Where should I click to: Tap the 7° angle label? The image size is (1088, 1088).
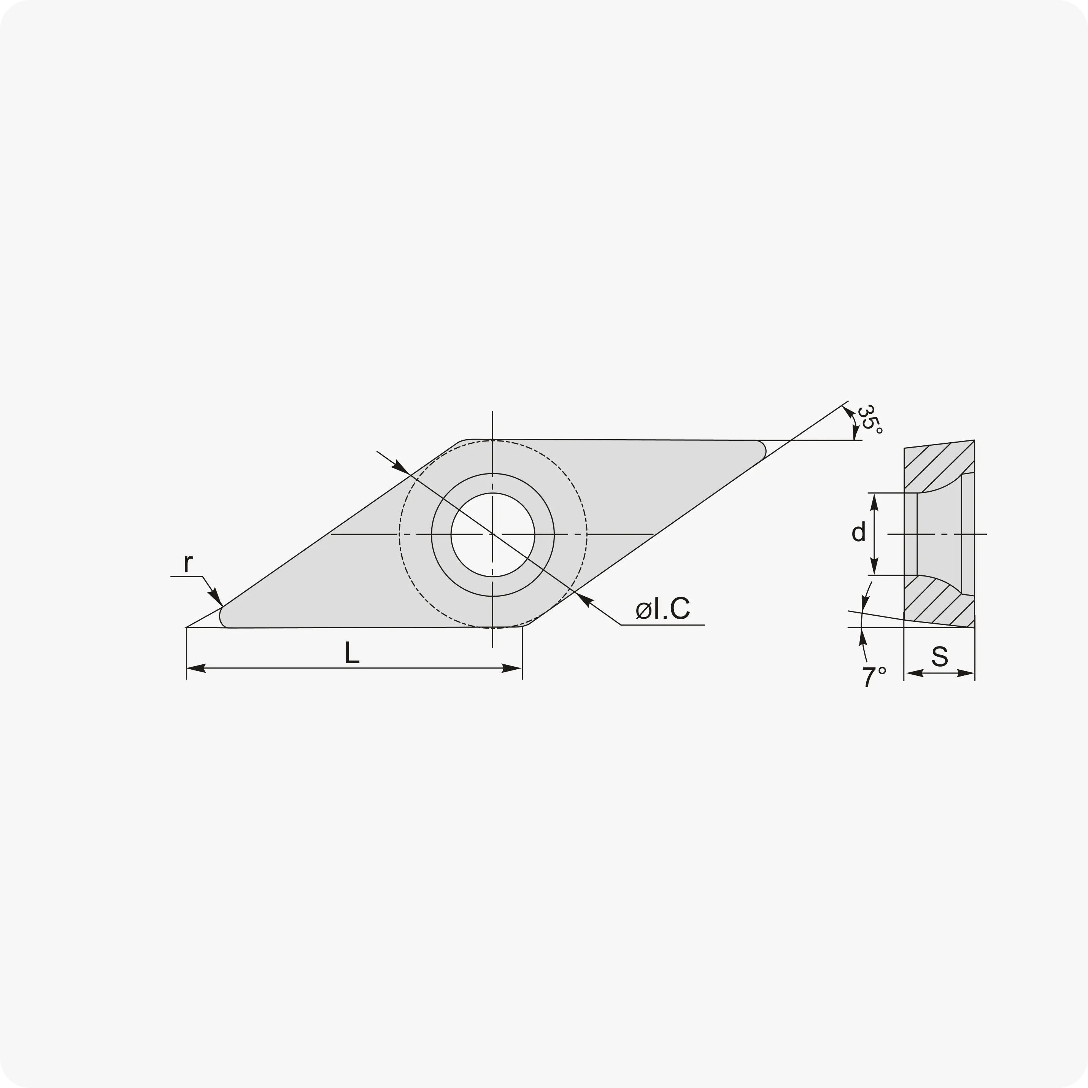click(x=874, y=677)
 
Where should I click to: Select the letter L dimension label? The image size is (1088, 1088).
click(x=352, y=653)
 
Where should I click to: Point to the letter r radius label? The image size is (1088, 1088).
click(x=189, y=563)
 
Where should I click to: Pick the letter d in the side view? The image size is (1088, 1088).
click(x=858, y=532)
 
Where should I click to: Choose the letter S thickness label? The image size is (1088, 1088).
click(x=939, y=656)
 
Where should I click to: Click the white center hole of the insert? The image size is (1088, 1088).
click(x=493, y=535)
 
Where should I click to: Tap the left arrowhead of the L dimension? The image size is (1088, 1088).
click(x=196, y=669)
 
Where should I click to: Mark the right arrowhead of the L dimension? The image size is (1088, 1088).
click(x=511, y=669)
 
